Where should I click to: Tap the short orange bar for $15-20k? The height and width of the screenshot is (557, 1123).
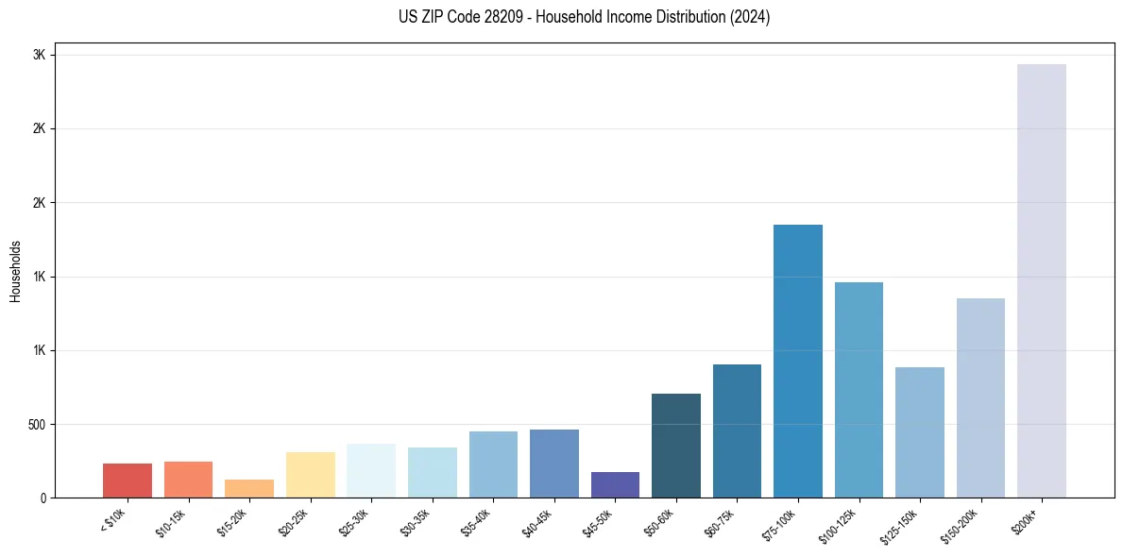[249, 488]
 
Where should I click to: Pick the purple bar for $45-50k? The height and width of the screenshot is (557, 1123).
[615, 484]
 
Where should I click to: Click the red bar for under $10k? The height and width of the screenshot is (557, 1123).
[128, 481]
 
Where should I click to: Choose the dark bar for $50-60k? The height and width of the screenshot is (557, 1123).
[675, 446]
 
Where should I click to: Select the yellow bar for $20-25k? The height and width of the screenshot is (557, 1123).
[310, 475]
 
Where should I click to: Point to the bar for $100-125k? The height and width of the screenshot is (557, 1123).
[859, 390]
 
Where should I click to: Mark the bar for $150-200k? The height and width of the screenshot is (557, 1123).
[980, 397]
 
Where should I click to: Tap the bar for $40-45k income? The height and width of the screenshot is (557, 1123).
[553, 464]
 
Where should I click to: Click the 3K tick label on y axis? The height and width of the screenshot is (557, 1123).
[40, 55]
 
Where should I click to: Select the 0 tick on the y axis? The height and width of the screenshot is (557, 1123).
[43, 498]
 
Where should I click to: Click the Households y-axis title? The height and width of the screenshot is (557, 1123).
[15, 271]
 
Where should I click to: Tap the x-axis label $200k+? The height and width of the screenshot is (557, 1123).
[1025, 520]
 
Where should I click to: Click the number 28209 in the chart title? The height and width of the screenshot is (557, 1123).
[499, 17]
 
